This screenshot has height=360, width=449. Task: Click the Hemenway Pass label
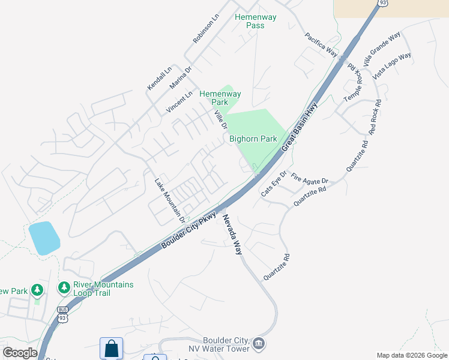point(256,21)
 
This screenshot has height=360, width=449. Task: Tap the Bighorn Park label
point(253,139)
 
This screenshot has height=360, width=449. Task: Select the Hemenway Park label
point(220,98)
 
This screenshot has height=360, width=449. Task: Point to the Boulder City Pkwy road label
point(189,230)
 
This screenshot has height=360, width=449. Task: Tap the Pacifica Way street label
point(321,44)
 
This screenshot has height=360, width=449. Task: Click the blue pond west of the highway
point(44,238)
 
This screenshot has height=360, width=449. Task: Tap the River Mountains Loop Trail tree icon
point(64,289)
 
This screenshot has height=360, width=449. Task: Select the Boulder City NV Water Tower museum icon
point(259,343)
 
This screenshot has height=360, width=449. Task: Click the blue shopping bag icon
point(111,349)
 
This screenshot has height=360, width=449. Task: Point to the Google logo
point(20,353)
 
